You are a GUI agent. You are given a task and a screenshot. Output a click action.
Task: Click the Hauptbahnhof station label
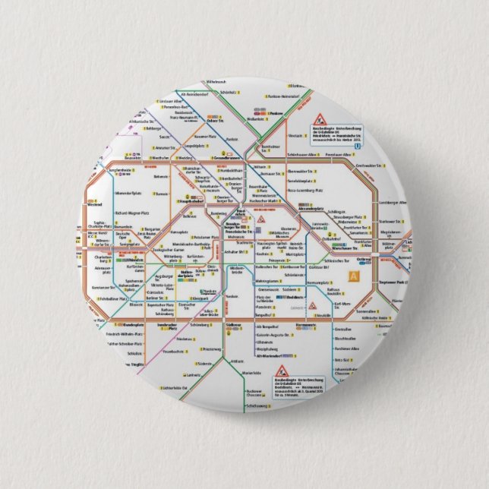click(x=192, y=201)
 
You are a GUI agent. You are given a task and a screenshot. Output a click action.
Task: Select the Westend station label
click(x=94, y=204)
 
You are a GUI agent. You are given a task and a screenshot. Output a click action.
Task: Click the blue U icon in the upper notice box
click(x=345, y=138)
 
